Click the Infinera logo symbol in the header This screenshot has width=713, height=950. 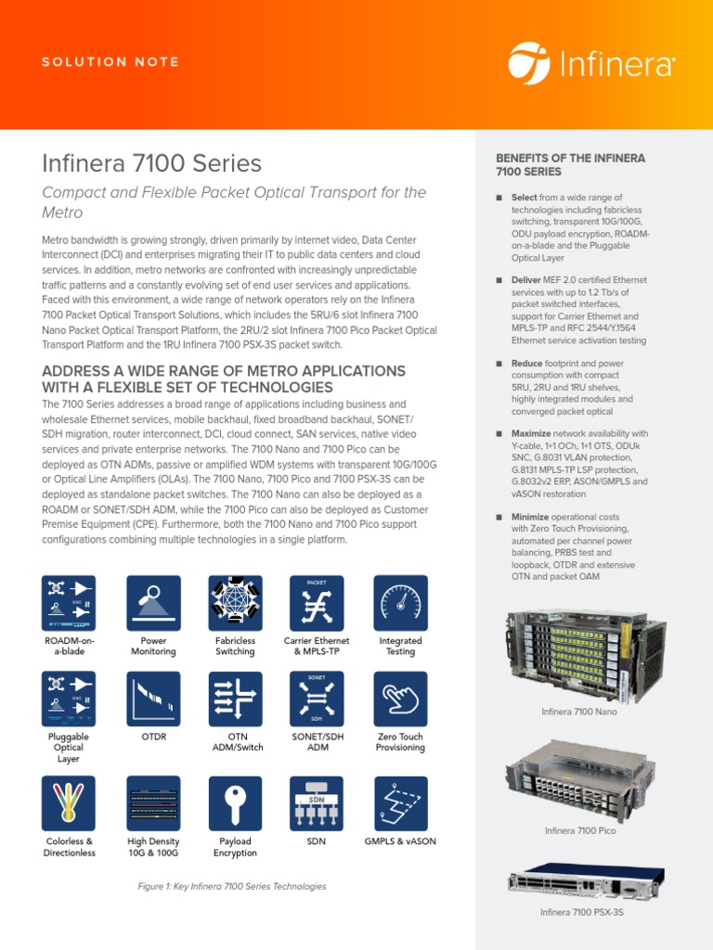point(529,62)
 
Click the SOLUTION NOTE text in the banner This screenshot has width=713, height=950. point(110,62)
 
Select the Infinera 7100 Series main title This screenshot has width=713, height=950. point(152,164)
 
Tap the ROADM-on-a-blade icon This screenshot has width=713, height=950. point(70,603)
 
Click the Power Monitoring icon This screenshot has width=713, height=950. point(153,603)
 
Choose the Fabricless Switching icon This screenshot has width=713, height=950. point(235,603)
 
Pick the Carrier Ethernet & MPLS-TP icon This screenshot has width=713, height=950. point(317,603)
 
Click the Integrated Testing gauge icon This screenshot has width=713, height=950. point(400,603)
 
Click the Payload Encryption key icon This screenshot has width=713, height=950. point(235,803)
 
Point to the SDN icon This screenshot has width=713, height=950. point(317,803)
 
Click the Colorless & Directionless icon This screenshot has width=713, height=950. point(70,803)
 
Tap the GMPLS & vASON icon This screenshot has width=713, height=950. point(400,803)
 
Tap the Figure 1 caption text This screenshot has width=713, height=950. point(232,886)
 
